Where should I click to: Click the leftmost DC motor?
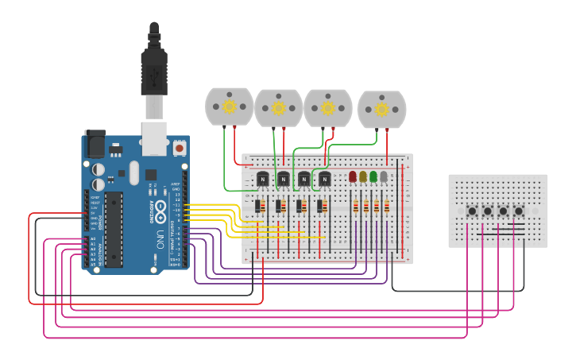click(229, 106)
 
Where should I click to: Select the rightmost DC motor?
click(381, 109)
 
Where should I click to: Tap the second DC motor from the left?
click(278, 107)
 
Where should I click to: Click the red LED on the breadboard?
click(353, 176)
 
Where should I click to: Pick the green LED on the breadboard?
click(373, 176)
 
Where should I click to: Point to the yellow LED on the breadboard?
click(363, 176)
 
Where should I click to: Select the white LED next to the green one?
click(384, 176)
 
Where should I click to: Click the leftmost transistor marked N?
click(261, 180)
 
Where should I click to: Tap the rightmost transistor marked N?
click(324, 180)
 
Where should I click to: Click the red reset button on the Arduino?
click(180, 148)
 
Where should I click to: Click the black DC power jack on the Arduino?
click(94, 144)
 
